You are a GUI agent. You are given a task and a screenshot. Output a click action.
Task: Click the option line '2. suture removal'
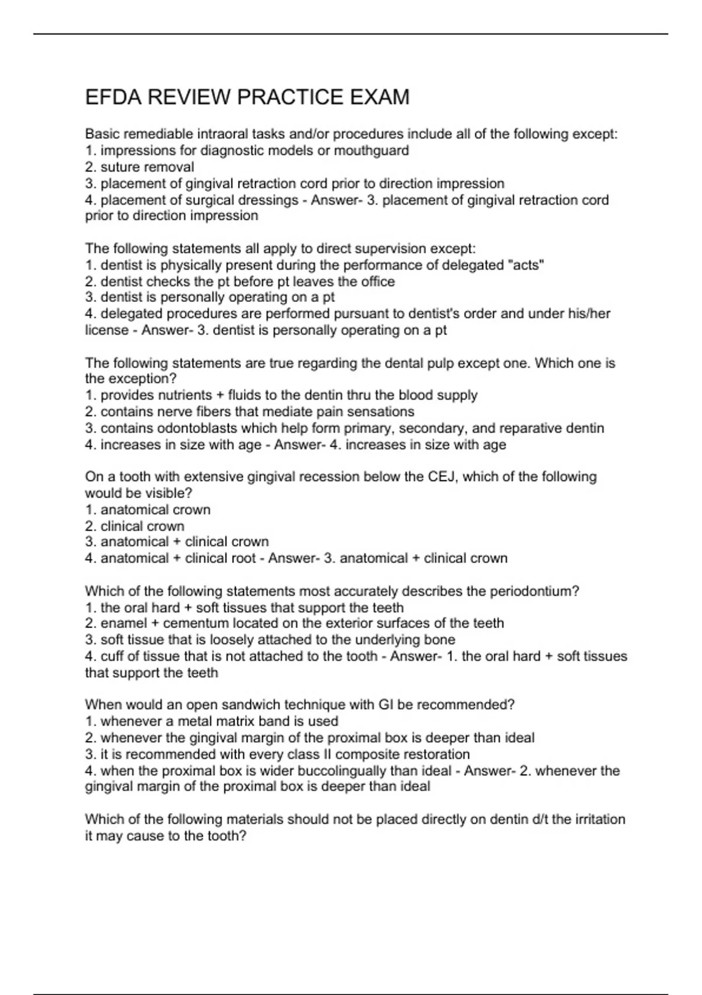(x=140, y=167)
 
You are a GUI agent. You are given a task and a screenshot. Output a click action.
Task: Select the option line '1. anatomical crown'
(x=148, y=510)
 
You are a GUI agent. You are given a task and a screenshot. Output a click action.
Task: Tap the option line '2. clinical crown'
(x=135, y=526)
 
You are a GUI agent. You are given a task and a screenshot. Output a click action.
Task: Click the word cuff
(x=111, y=656)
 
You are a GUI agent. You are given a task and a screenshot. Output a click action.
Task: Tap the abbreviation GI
(x=386, y=705)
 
